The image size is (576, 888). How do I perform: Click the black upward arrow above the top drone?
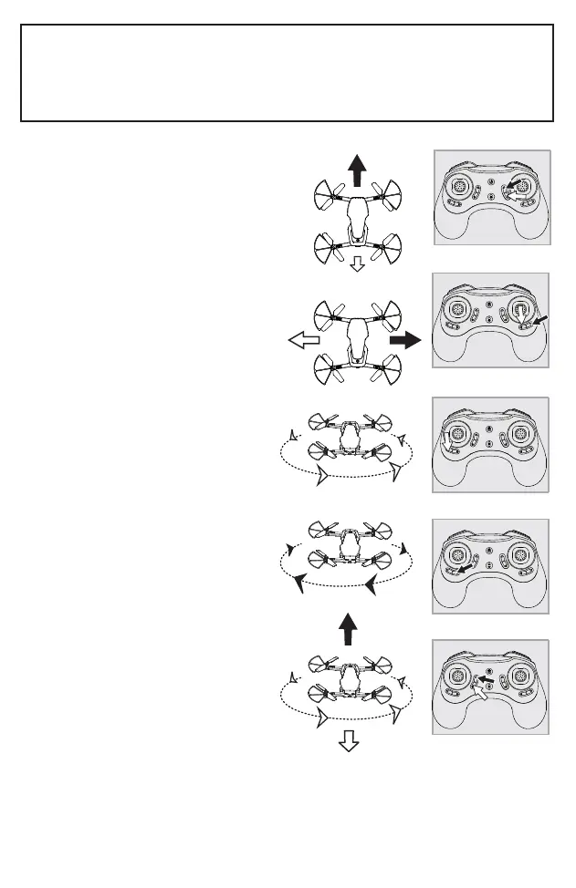[x=357, y=170]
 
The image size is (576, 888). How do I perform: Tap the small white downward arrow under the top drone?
[x=357, y=264]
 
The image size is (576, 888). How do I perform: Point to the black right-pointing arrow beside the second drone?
[x=405, y=341]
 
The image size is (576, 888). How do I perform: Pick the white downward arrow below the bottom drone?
[x=348, y=742]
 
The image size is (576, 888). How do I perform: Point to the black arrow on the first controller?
[x=521, y=183]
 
